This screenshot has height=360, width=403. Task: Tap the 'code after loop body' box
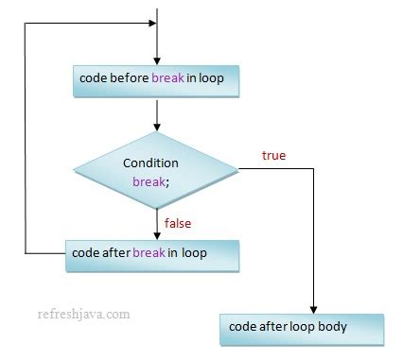[302, 327]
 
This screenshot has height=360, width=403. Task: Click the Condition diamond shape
[157, 171]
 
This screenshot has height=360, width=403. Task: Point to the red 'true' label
[272, 154]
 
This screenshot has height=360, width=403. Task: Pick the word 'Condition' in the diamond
[151, 163]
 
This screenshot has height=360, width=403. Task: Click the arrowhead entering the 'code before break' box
[157, 62]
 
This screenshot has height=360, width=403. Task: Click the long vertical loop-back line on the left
[26, 142]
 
